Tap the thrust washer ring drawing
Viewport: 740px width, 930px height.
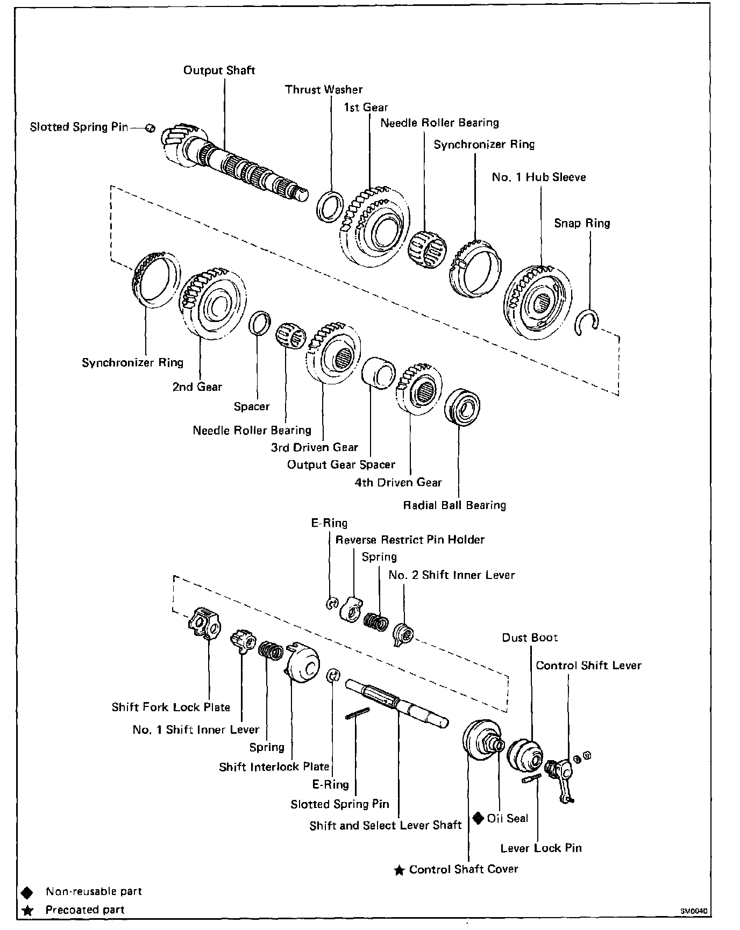[x=330, y=205]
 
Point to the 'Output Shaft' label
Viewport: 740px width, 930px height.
[x=219, y=70]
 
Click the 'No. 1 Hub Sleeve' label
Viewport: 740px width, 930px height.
[x=538, y=177]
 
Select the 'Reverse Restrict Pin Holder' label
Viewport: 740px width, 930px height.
[x=410, y=540]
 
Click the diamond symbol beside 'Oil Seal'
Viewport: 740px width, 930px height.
[x=478, y=818]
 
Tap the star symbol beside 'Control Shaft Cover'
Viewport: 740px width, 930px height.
[x=399, y=870]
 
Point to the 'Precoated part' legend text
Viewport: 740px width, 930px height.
[x=85, y=910]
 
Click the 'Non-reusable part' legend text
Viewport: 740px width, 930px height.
[x=94, y=891]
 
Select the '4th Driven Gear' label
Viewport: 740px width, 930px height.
[x=398, y=482]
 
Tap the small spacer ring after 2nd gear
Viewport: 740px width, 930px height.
[x=260, y=323]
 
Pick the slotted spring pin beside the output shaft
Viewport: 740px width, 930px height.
[x=151, y=128]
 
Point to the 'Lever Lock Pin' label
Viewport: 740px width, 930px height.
[x=540, y=848]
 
